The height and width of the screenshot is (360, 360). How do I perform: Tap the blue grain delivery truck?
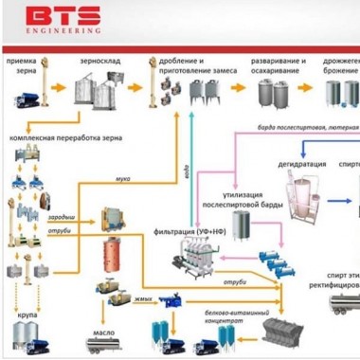pyautogui.click(x=27, y=95)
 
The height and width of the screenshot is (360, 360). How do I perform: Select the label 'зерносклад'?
pyautogui.click(x=98, y=60)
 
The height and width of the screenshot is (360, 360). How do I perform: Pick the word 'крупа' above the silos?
pyautogui.click(x=27, y=310)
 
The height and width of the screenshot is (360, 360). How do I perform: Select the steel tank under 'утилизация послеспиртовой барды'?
pyautogui.click(x=243, y=225)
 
